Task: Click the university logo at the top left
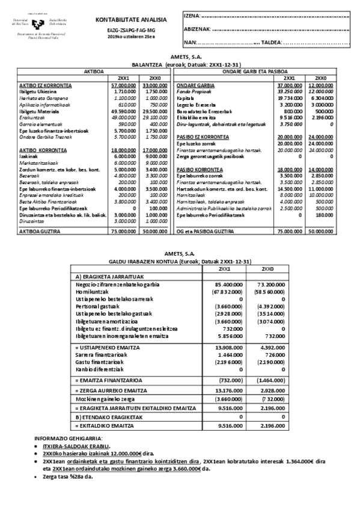coord(35,22)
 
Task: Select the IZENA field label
coord(191,15)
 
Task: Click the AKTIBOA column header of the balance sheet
coord(93,71)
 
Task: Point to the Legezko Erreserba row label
coord(196,104)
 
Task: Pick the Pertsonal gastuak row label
coord(97,306)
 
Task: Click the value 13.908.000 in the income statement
coord(220,348)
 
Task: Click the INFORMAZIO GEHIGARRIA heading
coord(59,438)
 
